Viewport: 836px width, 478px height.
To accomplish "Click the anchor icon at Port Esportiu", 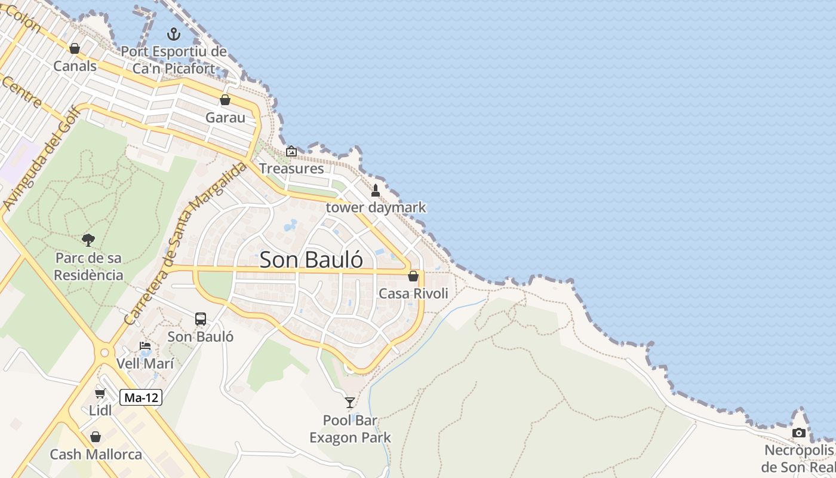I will tap(173, 33).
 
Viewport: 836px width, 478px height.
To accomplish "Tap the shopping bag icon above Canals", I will tap(75, 48).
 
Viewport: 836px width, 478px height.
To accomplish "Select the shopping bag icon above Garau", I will tap(225, 100).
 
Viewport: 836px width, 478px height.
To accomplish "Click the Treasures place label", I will tap(291, 168).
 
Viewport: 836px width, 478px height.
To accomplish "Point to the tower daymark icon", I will tap(376, 191).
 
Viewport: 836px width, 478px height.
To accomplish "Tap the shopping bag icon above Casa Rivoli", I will tap(413, 276).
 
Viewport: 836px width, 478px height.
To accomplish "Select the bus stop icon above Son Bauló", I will tap(201, 319).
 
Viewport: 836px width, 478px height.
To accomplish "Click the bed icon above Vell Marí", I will tap(145, 346).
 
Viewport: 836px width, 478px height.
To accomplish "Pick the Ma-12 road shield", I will tap(141, 397).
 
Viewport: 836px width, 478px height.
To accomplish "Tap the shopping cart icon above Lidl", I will tap(100, 393).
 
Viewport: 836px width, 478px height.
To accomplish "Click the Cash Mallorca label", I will tap(96, 454).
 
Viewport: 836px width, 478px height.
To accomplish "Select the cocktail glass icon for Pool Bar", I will tap(350, 403).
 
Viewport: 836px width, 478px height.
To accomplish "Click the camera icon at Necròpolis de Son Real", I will tap(798, 433).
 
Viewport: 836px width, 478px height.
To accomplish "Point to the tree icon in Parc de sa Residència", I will tap(88, 240).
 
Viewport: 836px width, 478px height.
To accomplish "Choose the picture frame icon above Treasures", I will tap(291, 151).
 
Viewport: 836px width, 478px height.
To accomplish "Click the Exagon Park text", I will tap(350, 437).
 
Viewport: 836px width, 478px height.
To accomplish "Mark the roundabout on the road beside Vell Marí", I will tap(105, 353).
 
